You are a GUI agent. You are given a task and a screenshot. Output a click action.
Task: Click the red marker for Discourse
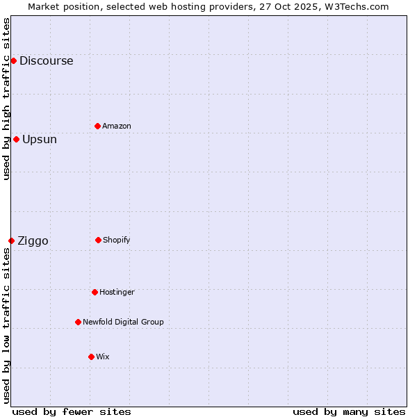coord(13,61)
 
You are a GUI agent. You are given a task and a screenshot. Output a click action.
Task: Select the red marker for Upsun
coord(16,139)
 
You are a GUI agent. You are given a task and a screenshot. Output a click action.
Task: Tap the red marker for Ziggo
coord(11,240)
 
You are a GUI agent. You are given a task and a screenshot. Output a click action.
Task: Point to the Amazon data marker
coord(97,126)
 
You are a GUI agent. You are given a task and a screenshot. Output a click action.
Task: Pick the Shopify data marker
coord(98,240)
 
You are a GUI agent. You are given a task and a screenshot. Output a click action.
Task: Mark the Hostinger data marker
coord(95,292)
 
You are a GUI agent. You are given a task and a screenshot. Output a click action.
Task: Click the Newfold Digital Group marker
coord(78,322)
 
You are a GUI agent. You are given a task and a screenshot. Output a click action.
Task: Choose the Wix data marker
coord(91,357)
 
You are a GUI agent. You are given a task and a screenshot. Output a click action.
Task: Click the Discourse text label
coord(46,61)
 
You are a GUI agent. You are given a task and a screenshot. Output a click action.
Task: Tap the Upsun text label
coord(40,140)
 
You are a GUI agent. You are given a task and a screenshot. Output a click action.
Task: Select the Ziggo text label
coord(33,241)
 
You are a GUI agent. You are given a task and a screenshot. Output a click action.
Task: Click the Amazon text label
coord(117,126)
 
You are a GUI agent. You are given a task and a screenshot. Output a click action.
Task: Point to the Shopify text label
coord(117,240)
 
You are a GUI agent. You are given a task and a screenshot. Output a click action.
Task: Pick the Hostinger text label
coord(117,293)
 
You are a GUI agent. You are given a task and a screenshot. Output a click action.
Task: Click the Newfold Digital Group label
coord(123,322)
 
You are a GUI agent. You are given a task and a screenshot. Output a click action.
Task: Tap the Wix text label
coord(103,357)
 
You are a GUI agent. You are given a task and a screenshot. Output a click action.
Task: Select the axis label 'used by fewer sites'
coord(72,411)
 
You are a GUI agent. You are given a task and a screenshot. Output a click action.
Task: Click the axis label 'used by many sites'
coord(349,411)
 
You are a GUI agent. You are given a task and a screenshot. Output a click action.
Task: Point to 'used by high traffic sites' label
coord(7,99)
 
